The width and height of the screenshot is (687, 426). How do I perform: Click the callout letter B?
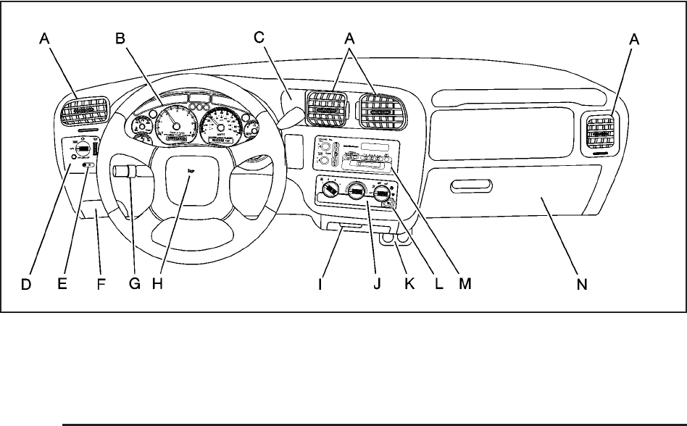click(x=120, y=40)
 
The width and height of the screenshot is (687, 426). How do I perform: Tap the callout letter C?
click(x=259, y=40)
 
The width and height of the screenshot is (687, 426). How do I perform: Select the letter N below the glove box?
click(x=582, y=285)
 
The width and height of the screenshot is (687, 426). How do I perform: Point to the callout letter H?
click(x=157, y=285)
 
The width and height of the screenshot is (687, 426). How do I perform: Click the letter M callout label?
click(x=465, y=285)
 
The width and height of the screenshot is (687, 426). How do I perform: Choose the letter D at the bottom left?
click(x=25, y=285)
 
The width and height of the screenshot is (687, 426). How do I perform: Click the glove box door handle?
click(x=472, y=190)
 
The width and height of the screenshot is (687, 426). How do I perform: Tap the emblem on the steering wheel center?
click(x=191, y=171)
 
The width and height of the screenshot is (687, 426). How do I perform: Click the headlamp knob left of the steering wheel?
click(x=83, y=149)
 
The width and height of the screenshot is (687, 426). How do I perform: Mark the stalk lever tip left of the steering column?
click(x=118, y=171)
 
